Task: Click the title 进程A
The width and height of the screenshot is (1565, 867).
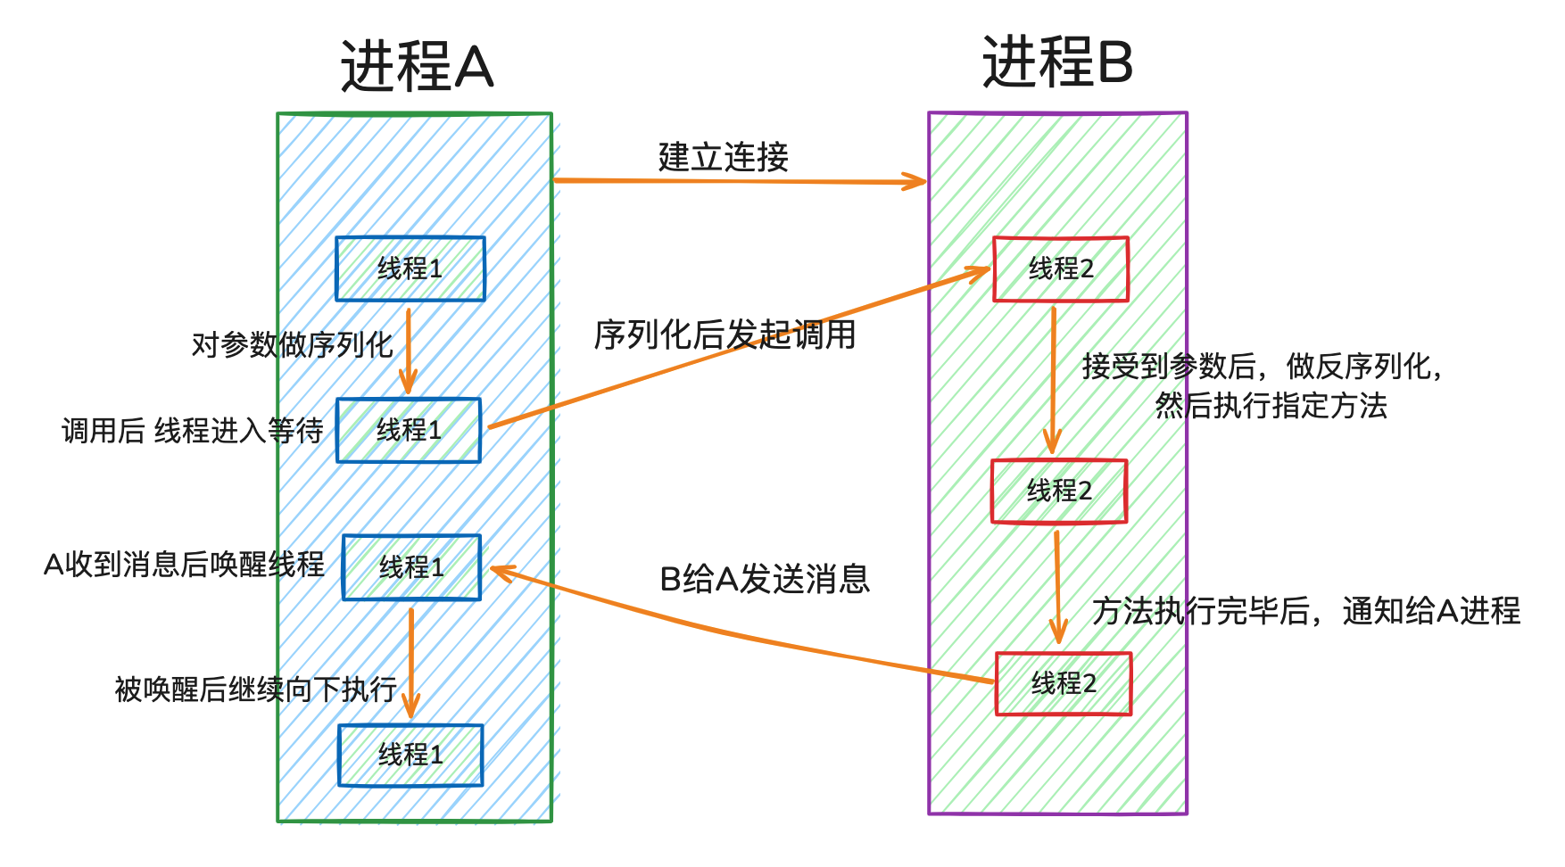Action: [x=417, y=67]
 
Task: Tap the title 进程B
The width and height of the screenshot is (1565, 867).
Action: [x=1057, y=62]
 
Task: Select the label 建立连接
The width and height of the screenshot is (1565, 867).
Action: [x=724, y=157]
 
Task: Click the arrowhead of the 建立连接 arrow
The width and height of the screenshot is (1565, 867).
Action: [x=919, y=182]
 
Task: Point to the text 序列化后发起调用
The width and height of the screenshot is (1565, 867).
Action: [x=725, y=335]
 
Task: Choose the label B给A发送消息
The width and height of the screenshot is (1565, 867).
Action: [x=765, y=580]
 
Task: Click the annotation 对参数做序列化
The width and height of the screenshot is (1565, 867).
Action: [x=292, y=344]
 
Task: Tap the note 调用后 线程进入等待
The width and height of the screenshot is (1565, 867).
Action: [x=192, y=431]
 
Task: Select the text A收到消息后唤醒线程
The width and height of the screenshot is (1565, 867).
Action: [x=184, y=565]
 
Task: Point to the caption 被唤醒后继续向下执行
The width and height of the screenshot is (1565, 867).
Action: [x=256, y=689]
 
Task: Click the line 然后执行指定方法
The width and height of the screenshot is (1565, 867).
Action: [x=1271, y=406]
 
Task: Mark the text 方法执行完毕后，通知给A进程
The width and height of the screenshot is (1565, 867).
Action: [x=1306, y=611]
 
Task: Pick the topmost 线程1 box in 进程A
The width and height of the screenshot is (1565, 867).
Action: [x=410, y=268]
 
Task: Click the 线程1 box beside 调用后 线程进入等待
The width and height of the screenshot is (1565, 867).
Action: [x=409, y=431]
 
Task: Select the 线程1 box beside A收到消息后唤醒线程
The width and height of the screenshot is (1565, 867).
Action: [x=411, y=567]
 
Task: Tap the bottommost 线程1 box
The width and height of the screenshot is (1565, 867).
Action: [x=410, y=755]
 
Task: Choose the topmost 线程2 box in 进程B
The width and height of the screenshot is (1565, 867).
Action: [x=1061, y=268]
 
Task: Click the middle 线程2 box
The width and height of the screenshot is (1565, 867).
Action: [x=1059, y=491]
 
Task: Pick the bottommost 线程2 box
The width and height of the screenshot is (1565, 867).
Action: [x=1064, y=683]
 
